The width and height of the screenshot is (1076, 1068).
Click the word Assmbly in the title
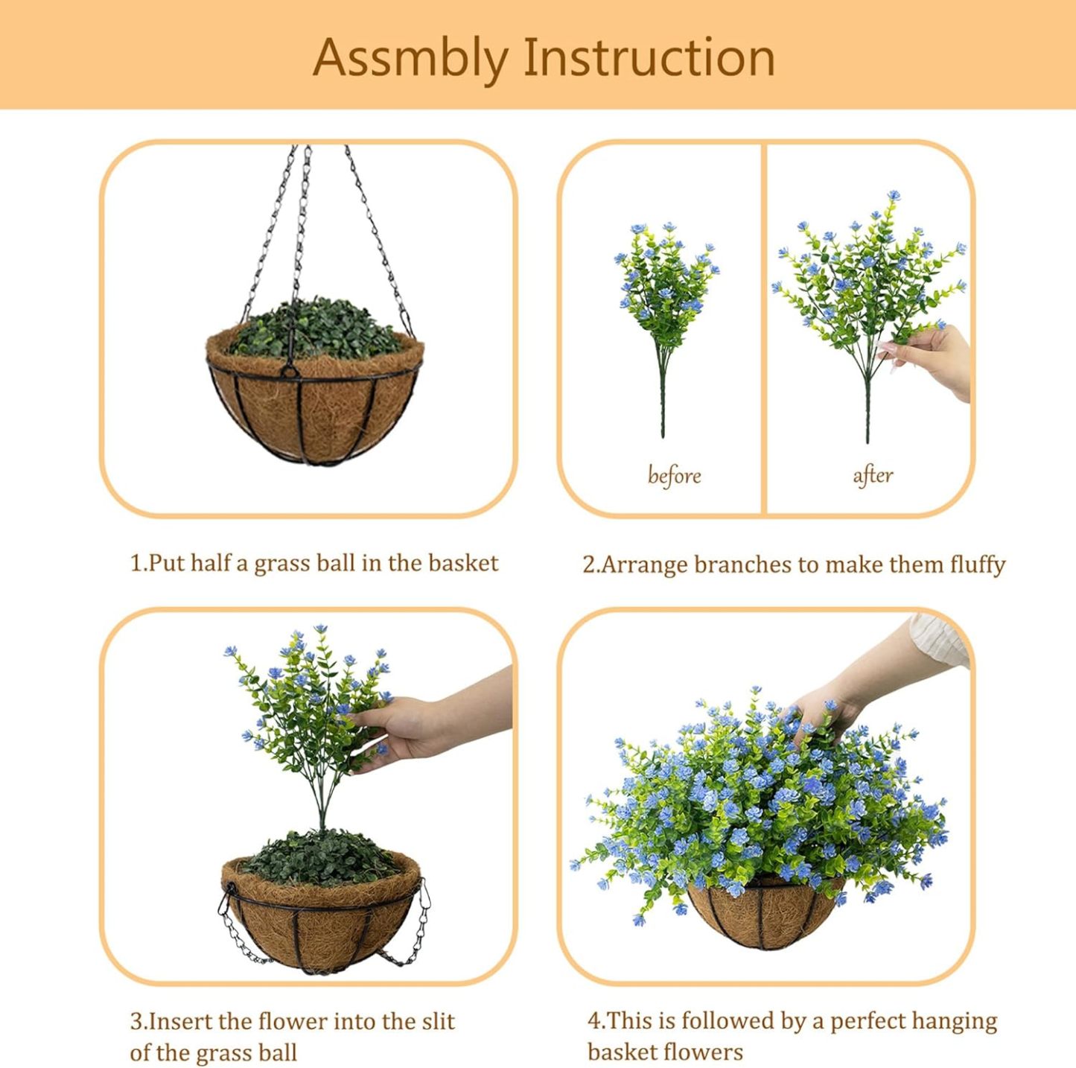pyautogui.click(x=410, y=58)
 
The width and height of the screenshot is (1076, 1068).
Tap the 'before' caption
pyautogui.click(x=674, y=475)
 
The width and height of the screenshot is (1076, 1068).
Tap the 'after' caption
pyautogui.click(x=873, y=474)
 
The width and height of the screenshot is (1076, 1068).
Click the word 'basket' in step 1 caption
pyautogui.click(x=463, y=563)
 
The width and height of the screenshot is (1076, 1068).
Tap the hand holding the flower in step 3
pyautogui.click(x=417, y=730)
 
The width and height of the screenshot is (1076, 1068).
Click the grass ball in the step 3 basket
pyautogui.click(x=320, y=856)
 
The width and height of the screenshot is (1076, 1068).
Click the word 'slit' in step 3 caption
pyautogui.click(x=439, y=1021)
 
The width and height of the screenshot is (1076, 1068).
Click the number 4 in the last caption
pyautogui.click(x=593, y=1021)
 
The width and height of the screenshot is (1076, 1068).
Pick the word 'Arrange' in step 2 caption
pyautogui.click(x=645, y=565)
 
